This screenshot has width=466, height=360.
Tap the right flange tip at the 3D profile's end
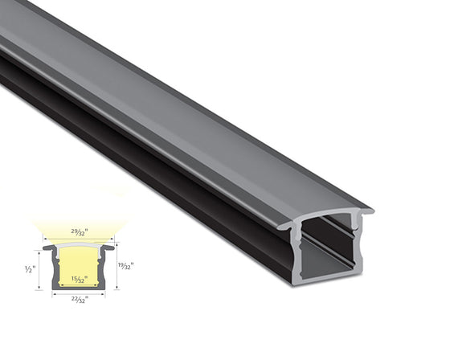tap(369, 212)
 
